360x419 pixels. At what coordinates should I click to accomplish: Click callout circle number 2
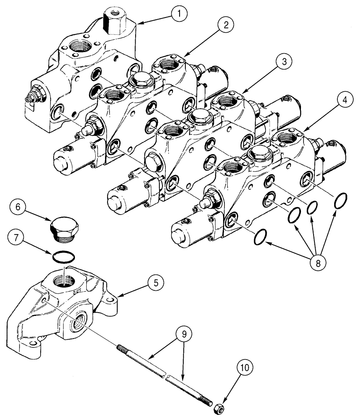pos(225,26)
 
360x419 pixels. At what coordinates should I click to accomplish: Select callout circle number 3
pos(284,62)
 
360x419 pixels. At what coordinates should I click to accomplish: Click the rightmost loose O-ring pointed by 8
pos(340,201)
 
